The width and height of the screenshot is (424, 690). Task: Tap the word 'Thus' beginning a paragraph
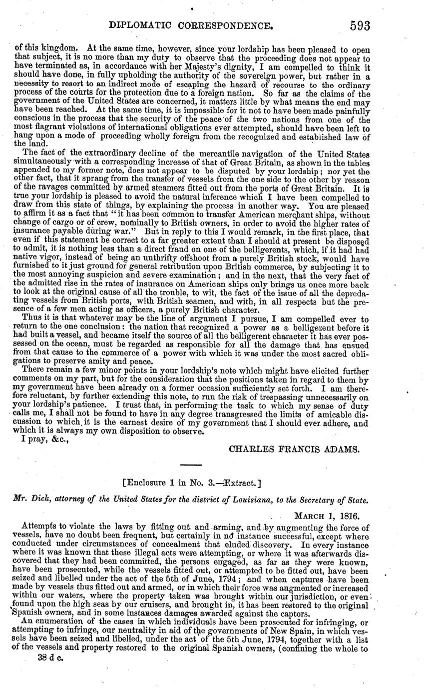click(x=32, y=319)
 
